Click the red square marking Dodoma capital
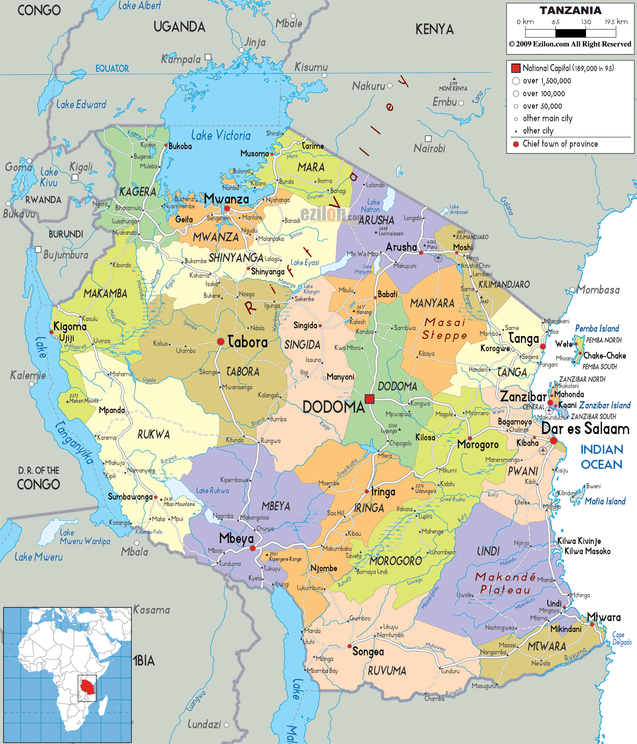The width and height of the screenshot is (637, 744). pyautogui.click(x=370, y=399)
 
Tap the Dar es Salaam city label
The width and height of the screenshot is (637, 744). pyautogui.click(x=585, y=428)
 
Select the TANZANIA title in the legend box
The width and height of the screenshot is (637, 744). pyautogui.click(x=570, y=10)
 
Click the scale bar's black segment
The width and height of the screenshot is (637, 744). pyautogui.click(x=570, y=33)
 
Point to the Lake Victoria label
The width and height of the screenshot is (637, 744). pyautogui.click(x=221, y=135)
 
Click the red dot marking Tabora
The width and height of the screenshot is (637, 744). pyautogui.click(x=221, y=342)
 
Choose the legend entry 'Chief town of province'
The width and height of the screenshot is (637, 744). pyautogui.click(x=560, y=144)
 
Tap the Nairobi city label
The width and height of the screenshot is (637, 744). pyautogui.click(x=429, y=148)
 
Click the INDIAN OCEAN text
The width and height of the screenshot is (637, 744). pyautogui.click(x=601, y=457)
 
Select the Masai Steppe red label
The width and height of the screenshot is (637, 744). pyautogui.click(x=444, y=329)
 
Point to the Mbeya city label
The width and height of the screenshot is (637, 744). pyautogui.click(x=236, y=538)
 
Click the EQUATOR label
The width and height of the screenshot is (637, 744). pyautogui.click(x=112, y=69)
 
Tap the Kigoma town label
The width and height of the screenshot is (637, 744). pyautogui.click(x=69, y=326)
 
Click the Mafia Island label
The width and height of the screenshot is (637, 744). pyautogui.click(x=605, y=501)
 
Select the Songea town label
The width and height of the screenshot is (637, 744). pyautogui.click(x=368, y=652)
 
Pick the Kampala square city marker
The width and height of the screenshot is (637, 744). pyautogui.click(x=208, y=57)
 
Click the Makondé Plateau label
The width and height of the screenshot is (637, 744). pyautogui.click(x=505, y=583)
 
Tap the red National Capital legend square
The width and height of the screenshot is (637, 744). pyautogui.click(x=516, y=68)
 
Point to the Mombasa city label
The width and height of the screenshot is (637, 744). pyautogui.click(x=598, y=290)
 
